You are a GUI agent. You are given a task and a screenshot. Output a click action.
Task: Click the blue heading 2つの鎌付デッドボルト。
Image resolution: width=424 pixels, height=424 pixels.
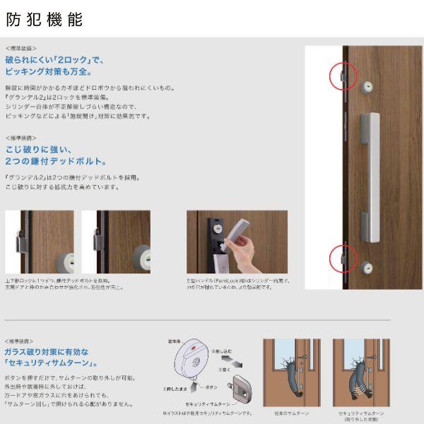pyautogui.click(x=56, y=161)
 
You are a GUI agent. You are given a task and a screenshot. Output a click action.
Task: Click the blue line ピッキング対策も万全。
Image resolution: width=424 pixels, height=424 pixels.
pyautogui.click(x=49, y=72)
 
